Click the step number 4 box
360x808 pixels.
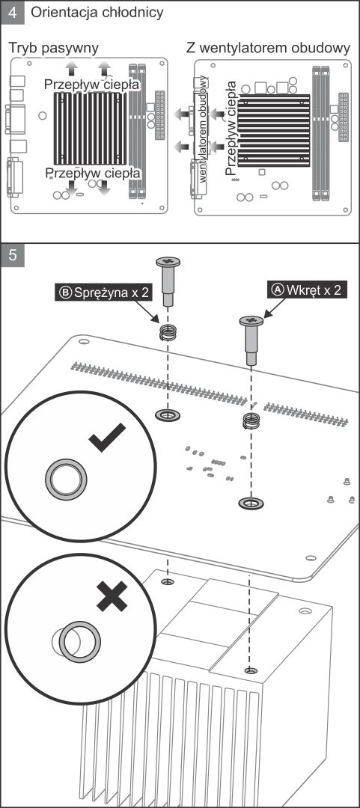tap(13, 13)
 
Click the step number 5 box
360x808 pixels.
tap(13, 256)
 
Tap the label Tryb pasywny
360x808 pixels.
tap(54, 48)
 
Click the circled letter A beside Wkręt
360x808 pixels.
tap(278, 290)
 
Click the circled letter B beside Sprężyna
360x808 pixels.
tap(66, 293)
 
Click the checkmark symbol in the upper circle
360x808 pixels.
tap(107, 437)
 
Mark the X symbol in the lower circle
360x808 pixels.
tap(112, 597)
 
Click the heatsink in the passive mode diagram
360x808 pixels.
tap(91, 129)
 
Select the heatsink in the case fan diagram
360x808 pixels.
tap(274, 130)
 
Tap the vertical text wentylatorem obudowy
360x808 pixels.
tap(204, 129)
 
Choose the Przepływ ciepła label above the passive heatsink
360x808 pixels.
tap(91, 84)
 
